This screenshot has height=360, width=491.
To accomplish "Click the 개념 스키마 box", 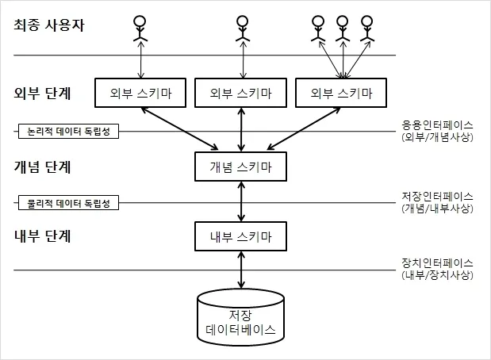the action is point(240,167).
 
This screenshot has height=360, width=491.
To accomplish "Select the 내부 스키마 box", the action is point(240,236).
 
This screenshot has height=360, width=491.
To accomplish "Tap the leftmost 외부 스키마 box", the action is point(140,93).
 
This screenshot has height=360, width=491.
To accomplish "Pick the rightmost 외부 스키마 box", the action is point(341,93).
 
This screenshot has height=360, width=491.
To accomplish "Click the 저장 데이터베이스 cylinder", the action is point(240,317).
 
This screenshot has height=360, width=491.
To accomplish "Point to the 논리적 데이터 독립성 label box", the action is point(68,131).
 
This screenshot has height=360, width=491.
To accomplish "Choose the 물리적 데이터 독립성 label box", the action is point(68,203).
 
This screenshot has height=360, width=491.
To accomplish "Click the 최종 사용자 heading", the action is point(49,25).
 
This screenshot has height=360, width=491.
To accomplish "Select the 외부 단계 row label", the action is point(42,93).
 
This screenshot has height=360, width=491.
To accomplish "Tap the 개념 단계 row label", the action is point(42,167).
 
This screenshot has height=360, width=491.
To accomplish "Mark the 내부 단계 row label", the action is point(42,236).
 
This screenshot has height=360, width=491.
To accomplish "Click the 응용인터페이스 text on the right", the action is point(437,125).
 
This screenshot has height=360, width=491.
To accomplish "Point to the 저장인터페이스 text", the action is point(437,197).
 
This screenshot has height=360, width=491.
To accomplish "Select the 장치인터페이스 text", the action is point(437,263).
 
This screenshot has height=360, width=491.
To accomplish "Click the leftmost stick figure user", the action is point(140,29).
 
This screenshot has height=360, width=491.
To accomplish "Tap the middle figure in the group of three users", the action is point(343,29).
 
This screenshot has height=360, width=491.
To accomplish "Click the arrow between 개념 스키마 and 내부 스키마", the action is point(241,201).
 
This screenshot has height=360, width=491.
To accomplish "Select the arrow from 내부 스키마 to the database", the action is point(241,270).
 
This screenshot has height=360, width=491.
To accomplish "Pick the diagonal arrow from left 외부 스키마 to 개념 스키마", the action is point(180,128).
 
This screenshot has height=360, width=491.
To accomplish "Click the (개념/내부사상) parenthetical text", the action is point(437,209).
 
